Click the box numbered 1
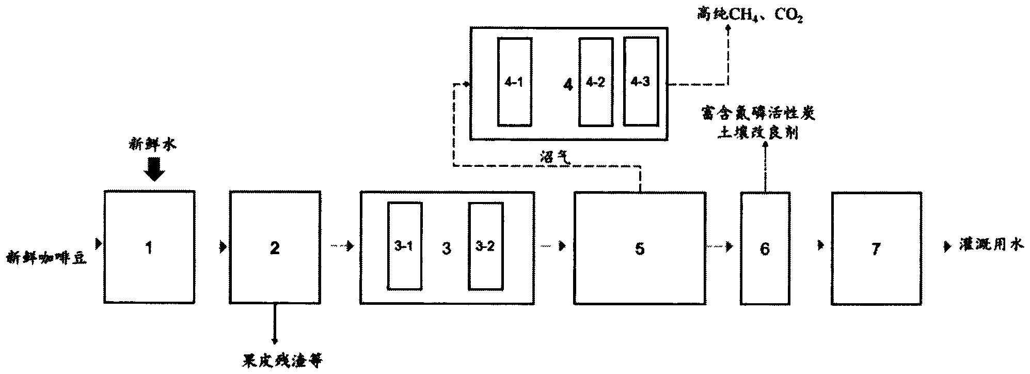pyautogui.click(x=149, y=247)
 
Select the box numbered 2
pyautogui.click(x=275, y=247)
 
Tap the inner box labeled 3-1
pyautogui.click(x=404, y=246)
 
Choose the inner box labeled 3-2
pyautogui.click(x=485, y=246)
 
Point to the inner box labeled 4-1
pyautogui.click(x=514, y=82)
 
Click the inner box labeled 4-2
pyautogui.click(x=595, y=82)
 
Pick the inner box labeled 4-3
pyautogui.click(x=641, y=82)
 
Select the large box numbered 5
pyautogui.click(x=640, y=248)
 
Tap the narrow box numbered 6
pyautogui.click(x=765, y=248)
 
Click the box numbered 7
pyautogui.click(x=876, y=248)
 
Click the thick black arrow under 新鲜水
pyautogui.click(x=153, y=169)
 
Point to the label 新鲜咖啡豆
pyautogui.click(x=46, y=257)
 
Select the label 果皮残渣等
pyautogui.click(x=282, y=360)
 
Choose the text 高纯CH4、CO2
pyautogui.click(x=750, y=14)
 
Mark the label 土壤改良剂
pyautogui.click(x=757, y=133)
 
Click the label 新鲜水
pyautogui.click(x=153, y=145)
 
